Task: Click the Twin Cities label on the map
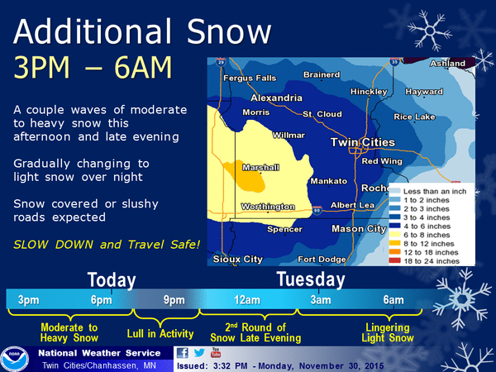click(363, 142)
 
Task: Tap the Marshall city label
click(260, 167)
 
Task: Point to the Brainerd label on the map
click(322, 74)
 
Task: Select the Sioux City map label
click(237, 260)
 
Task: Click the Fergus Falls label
click(250, 79)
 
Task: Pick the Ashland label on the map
click(447, 64)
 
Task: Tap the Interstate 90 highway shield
click(317, 210)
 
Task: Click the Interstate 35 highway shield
click(394, 61)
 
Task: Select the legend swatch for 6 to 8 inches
click(395, 235)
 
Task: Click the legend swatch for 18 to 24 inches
click(395, 261)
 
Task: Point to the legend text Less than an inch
click(435, 192)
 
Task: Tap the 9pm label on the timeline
click(174, 300)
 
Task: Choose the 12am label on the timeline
click(247, 300)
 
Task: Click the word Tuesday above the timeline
click(311, 279)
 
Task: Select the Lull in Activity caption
click(160, 333)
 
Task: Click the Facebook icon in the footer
click(183, 353)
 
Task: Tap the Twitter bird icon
click(199, 353)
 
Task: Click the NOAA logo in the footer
click(15, 359)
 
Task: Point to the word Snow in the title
click(229, 31)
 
